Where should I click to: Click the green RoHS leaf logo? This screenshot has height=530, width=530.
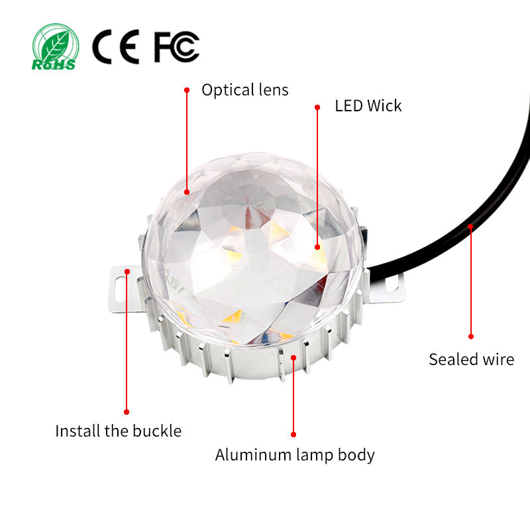click(x=54, y=46)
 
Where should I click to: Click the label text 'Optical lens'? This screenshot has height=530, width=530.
click(x=245, y=89)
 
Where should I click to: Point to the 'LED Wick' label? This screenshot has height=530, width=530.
click(x=368, y=105)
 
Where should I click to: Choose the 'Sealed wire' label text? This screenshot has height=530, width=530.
click(x=471, y=360)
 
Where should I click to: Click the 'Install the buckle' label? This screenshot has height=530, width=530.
click(x=118, y=431)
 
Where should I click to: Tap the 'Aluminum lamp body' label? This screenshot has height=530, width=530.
click(x=295, y=455)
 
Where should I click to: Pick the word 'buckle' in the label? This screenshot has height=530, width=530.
click(x=158, y=431)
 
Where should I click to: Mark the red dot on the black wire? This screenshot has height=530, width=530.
click(x=470, y=227)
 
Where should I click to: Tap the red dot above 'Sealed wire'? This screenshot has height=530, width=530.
click(x=471, y=337)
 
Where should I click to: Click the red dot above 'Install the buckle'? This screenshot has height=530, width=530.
click(x=127, y=412)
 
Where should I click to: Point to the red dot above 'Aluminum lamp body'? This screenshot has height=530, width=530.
click(x=293, y=435)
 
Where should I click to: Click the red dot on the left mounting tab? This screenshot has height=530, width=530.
click(x=127, y=270)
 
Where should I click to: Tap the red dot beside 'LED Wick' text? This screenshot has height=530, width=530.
click(x=317, y=105)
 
